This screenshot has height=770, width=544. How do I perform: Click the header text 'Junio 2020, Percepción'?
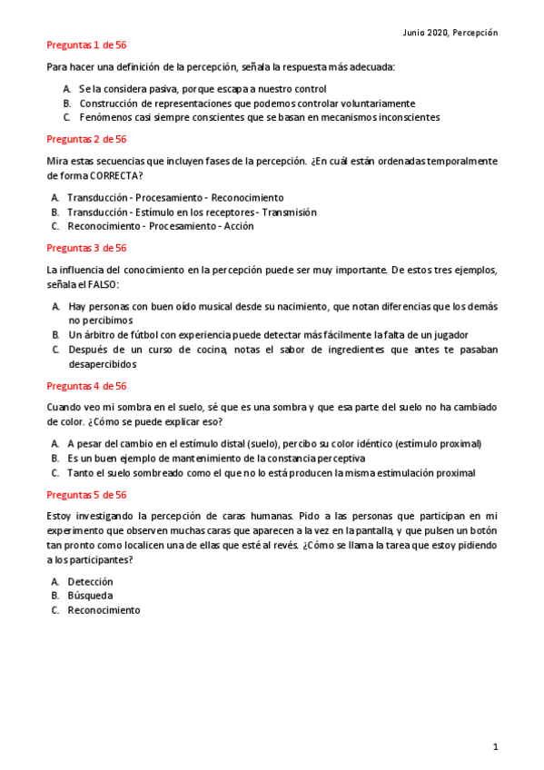click(x=450, y=32)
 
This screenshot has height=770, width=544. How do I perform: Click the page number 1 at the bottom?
click(x=495, y=746)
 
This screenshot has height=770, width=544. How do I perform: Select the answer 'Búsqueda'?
click(x=90, y=596)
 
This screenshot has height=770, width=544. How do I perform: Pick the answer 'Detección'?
click(x=90, y=581)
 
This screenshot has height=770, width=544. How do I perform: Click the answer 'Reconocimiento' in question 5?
click(x=104, y=610)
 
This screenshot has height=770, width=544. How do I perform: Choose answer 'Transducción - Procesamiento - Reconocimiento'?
click(x=175, y=197)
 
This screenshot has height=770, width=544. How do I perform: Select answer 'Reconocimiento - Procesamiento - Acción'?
click(x=161, y=226)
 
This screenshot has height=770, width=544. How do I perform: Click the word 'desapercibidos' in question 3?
click(x=103, y=364)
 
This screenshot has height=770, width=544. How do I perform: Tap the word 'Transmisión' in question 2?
click(x=289, y=212)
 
